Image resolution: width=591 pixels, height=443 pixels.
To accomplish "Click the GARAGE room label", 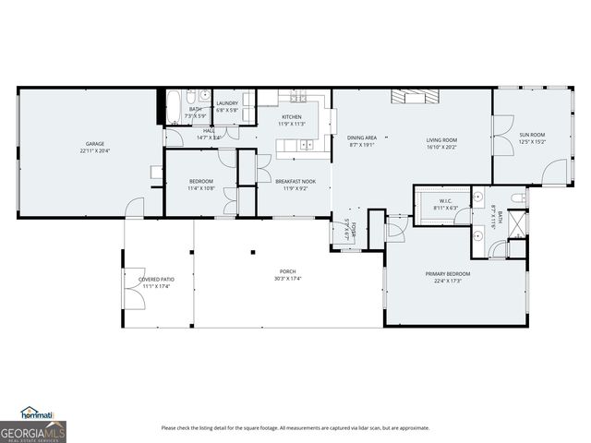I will [94, 144].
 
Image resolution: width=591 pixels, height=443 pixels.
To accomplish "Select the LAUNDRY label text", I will [227, 103].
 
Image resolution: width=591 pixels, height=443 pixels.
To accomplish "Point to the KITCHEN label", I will [292, 117].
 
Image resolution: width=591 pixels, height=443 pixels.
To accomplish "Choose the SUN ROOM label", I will [532, 135].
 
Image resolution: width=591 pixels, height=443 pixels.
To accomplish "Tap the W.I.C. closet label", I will [444, 200].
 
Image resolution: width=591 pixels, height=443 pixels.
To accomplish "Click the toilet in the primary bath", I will [518, 198].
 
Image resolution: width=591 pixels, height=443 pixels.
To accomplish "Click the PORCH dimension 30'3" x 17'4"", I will [288, 279].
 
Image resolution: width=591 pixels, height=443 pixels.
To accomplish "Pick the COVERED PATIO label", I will [156, 279].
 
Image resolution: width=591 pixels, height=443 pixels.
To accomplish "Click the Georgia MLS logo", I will [33, 432].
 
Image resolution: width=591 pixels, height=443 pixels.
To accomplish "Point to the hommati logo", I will [37, 413].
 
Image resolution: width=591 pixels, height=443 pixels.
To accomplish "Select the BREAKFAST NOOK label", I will [295, 181].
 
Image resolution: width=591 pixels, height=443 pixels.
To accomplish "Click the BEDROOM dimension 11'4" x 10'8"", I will [201, 188].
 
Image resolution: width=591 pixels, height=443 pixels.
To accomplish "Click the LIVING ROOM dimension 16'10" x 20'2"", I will [442, 147].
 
